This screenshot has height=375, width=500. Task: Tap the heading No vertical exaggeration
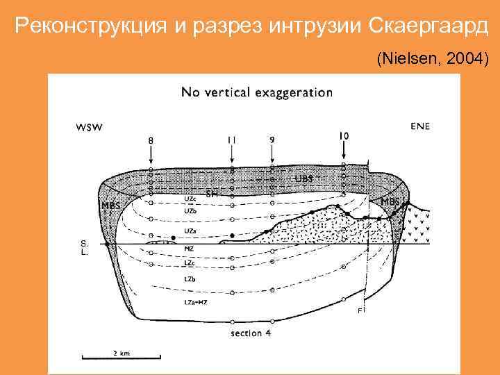coord(256,92)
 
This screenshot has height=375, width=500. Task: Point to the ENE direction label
coord(420,126)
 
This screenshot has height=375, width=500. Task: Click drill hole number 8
coord(151,140)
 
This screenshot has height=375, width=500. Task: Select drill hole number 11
coord(231,140)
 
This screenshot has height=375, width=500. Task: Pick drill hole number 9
coord(272,139)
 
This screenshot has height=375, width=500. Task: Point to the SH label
coord(212,194)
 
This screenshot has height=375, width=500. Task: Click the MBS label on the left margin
coord(110,206)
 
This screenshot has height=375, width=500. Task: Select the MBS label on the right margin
coord(390,201)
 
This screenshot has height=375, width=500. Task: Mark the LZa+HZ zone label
coord(196,302)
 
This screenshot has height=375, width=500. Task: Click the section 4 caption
coord(251,333)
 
